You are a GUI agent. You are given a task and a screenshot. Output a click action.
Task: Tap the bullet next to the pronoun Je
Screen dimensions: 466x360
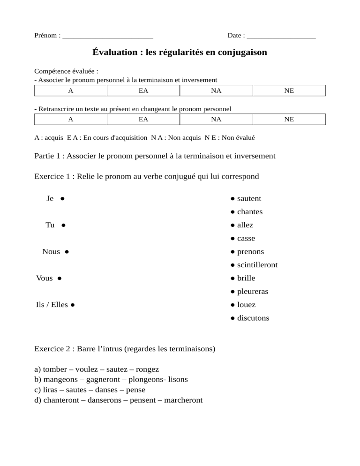click(x=62, y=199)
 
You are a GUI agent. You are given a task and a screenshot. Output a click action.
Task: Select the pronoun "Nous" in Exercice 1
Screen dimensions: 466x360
click(x=51, y=252)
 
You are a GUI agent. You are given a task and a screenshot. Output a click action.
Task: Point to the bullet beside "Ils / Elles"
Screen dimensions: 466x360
click(x=73, y=305)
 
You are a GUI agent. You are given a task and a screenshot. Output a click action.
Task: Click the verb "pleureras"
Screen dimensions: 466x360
click(x=252, y=292)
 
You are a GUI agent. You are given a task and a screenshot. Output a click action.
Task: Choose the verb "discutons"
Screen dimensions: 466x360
click(x=253, y=318)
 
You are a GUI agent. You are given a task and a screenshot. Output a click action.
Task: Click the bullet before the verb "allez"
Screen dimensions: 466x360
click(x=232, y=225)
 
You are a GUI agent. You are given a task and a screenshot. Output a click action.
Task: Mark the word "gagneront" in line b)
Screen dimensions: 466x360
click(x=104, y=379)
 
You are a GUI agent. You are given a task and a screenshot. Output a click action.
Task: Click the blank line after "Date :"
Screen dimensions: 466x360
click(x=281, y=36)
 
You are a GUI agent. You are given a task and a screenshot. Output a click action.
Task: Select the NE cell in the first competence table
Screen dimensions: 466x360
click(x=289, y=91)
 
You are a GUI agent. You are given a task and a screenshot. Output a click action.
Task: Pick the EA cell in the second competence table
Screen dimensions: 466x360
click(x=143, y=120)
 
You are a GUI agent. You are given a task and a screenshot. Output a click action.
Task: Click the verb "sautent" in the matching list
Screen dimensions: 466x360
click(x=249, y=199)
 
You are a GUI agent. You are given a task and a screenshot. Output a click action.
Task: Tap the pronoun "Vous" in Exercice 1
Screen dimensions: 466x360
click(x=45, y=278)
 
